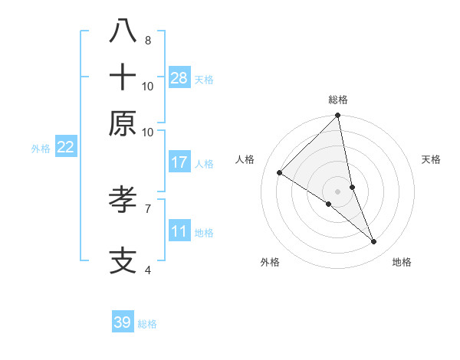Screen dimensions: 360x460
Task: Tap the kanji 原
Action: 123,123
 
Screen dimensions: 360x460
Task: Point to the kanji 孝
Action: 123,201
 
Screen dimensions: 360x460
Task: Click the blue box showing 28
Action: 179,78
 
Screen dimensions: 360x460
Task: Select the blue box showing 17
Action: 179,162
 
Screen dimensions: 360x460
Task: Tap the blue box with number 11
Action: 179,231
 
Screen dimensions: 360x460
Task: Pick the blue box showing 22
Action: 65,147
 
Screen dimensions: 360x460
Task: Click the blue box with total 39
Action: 123,322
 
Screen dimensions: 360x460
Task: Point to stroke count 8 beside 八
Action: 147,40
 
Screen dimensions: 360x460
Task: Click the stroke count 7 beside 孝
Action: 147,208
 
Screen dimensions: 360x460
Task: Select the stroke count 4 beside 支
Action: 147,270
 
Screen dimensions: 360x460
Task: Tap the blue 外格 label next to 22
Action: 41,149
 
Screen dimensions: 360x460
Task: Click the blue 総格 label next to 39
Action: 147,324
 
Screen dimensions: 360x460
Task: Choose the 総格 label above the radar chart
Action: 337,100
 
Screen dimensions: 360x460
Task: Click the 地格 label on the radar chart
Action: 402,262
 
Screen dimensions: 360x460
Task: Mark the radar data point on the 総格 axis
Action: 337,116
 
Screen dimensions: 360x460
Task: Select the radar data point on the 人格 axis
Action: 279,173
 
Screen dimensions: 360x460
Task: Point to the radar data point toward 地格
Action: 374,242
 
